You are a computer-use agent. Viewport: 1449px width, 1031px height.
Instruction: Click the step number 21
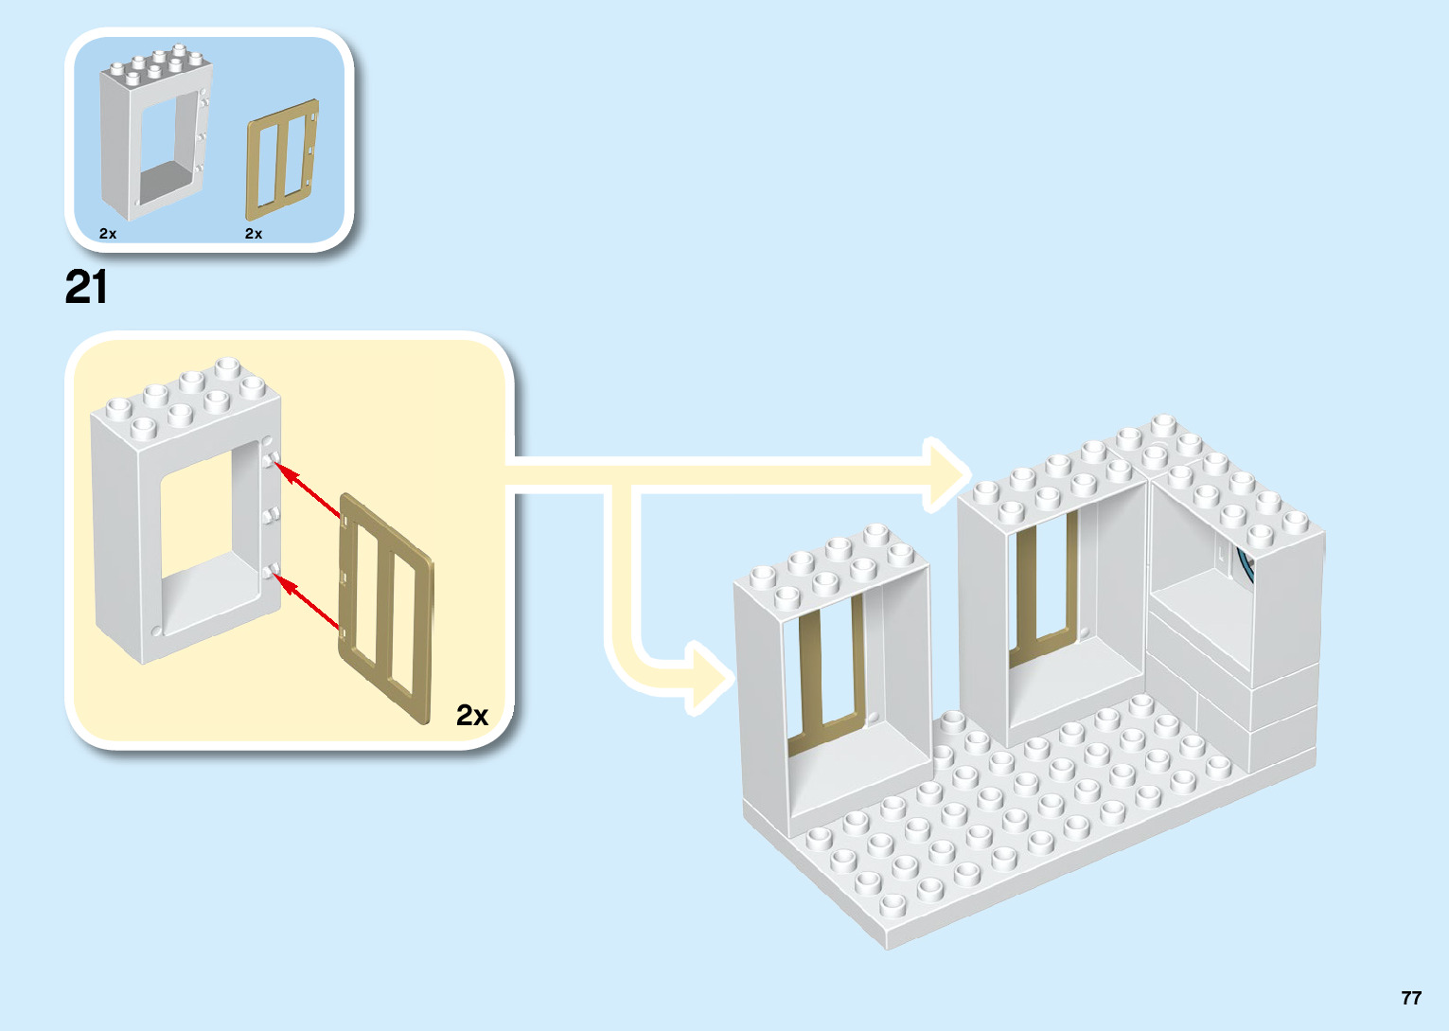point(86,288)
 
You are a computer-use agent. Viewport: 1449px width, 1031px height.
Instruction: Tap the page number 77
point(1411,998)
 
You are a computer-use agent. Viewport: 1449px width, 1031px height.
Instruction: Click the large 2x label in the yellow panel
point(471,715)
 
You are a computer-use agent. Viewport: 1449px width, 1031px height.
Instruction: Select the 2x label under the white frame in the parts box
point(108,233)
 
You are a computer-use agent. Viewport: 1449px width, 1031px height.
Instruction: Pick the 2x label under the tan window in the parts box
point(254,233)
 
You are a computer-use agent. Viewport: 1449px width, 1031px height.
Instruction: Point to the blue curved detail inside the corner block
point(1244,568)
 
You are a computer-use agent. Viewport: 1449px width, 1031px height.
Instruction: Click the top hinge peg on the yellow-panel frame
point(272,460)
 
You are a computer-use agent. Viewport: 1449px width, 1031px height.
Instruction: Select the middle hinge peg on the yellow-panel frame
point(273,514)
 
